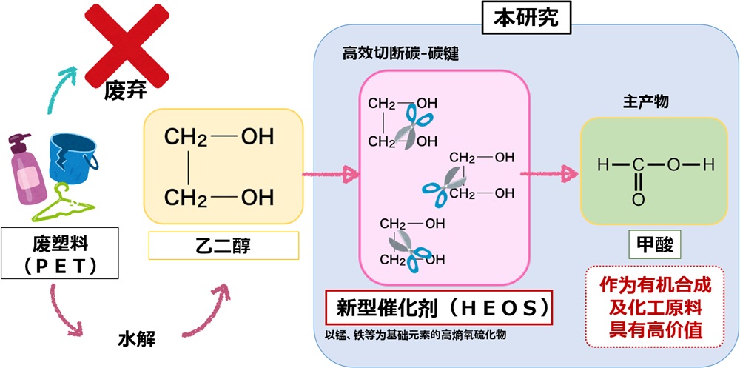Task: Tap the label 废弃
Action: coord(121,92)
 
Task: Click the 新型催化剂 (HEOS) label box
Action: coord(439,306)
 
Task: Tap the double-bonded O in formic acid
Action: coord(638,199)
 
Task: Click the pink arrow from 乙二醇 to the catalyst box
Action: coord(329,176)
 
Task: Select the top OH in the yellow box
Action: coord(258,137)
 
